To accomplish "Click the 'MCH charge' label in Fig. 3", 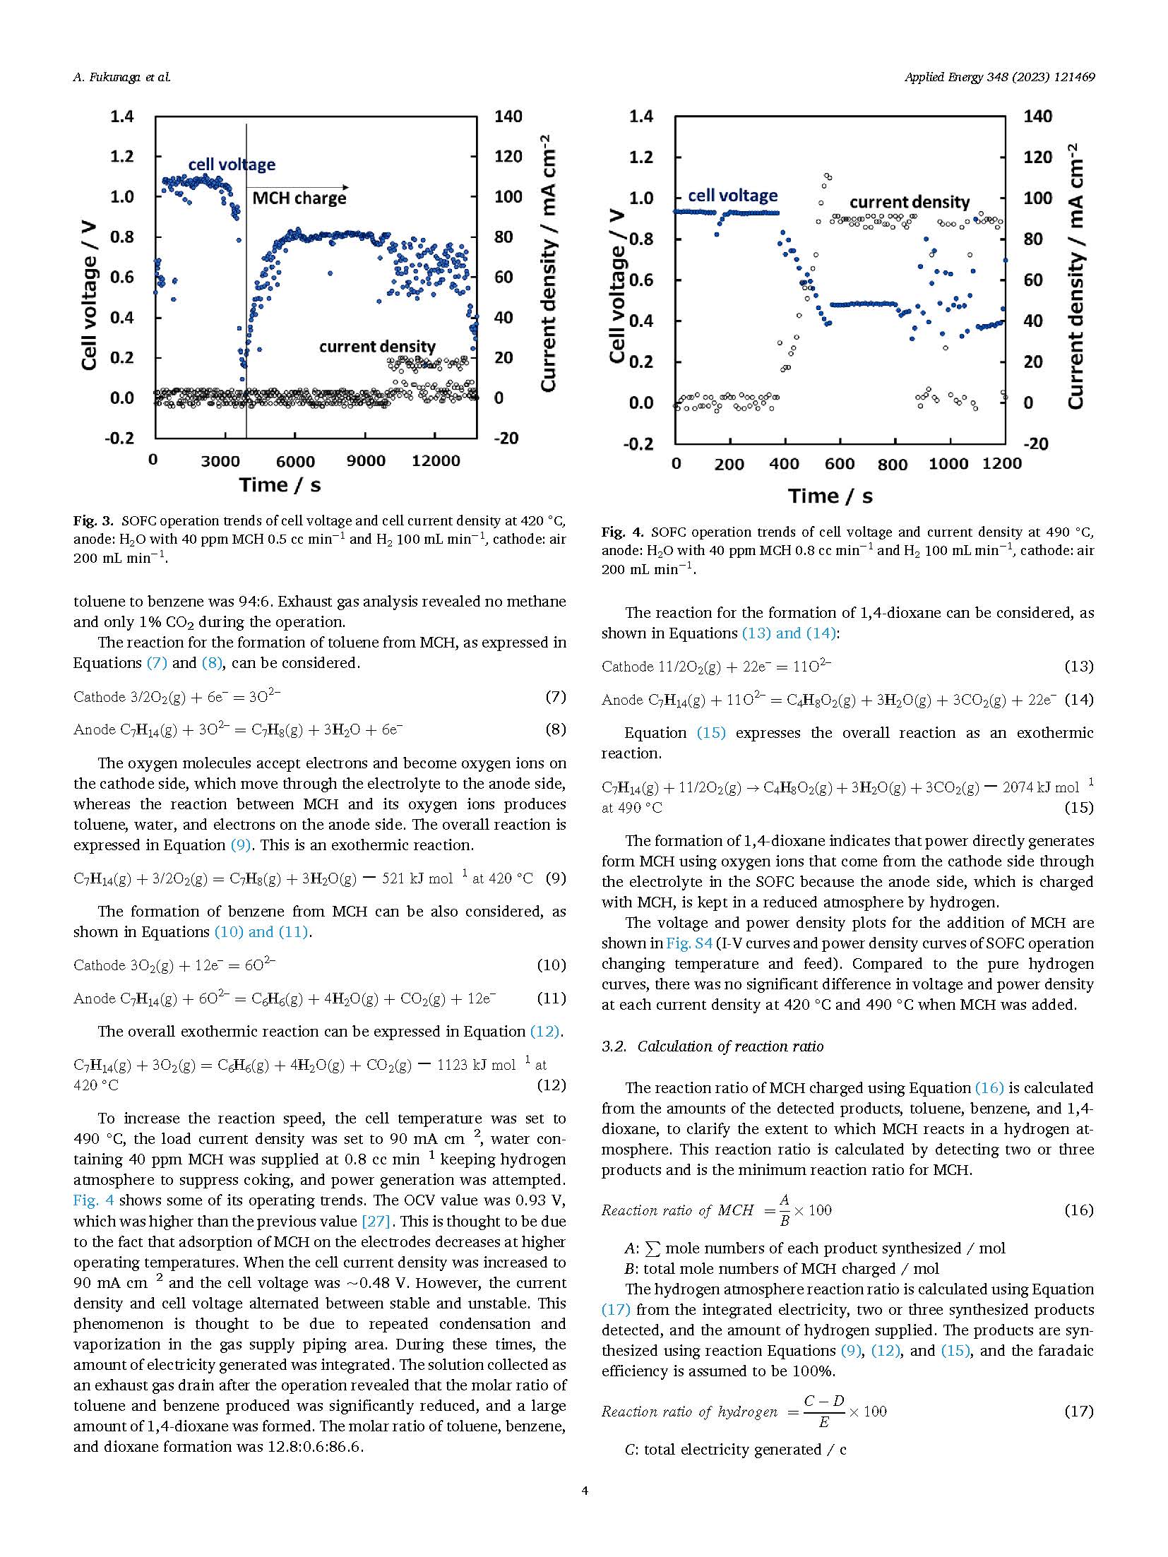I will click(x=299, y=198).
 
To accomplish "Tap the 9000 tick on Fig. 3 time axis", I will click(x=367, y=461).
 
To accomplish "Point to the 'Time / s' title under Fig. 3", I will click(x=280, y=485).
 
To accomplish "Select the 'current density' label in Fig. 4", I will click(x=910, y=203).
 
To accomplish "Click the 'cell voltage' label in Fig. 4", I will click(x=732, y=196).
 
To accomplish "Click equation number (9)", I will click(x=556, y=878).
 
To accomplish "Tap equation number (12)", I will click(x=552, y=1085).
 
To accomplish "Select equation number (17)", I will click(x=1078, y=1411).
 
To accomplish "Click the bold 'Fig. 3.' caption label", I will click(x=93, y=521).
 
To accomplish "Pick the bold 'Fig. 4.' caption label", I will click(x=622, y=532).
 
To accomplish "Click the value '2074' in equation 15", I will click(x=1018, y=787).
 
